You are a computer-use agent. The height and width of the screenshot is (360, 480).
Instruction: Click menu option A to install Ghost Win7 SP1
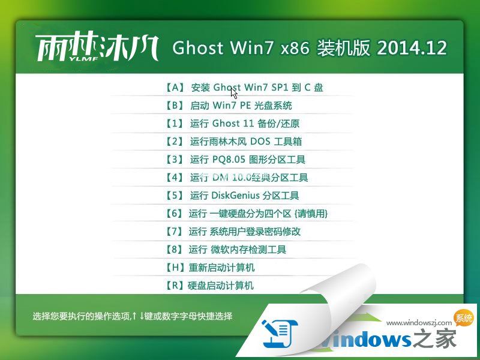pyautogui.click(x=243, y=88)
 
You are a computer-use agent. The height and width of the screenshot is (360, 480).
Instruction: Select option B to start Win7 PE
pyautogui.click(x=228, y=106)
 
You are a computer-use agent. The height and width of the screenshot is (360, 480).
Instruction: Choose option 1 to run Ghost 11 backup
pyautogui.click(x=232, y=124)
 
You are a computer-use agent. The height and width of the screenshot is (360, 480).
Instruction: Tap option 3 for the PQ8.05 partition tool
pyautogui.click(x=235, y=160)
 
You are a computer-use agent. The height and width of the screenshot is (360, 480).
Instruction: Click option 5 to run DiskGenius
pyautogui.click(x=232, y=196)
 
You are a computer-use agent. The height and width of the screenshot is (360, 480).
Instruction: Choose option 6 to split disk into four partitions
pyautogui.click(x=245, y=214)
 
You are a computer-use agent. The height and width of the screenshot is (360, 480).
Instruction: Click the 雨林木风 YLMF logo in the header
pyautogui.click(x=97, y=49)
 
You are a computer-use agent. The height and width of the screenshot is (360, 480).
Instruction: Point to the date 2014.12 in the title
pyautogui.click(x=412, y=49)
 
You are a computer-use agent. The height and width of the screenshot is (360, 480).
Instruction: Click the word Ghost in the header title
pyautogui.click(x=198, y=49)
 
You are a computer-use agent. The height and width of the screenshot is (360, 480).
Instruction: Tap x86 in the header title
pyautogui.click(x=295, y=49)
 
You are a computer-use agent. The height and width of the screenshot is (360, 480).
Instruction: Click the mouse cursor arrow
pyautogui.click(x=233, y=92)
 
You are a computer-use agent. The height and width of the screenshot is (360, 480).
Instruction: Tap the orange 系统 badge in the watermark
pyautogui.click(x=464, y=319)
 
